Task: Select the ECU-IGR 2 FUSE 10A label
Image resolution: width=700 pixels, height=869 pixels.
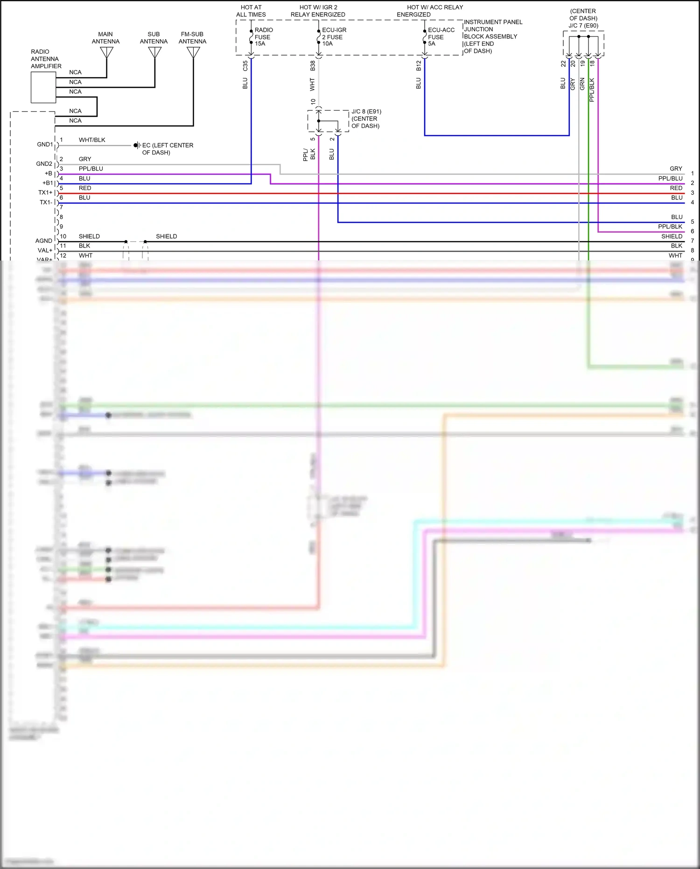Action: (x=334, y=37)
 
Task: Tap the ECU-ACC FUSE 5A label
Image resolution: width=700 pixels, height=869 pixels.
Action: (x=441, y=37)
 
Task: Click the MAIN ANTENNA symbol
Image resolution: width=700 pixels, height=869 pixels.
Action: (x=106, y=53)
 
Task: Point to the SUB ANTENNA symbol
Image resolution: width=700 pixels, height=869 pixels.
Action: (x=154, y=53)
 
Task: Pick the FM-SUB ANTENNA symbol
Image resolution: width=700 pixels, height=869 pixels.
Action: (x=193, y=53)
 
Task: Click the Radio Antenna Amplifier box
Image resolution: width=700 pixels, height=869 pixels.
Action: (x=43, y=87)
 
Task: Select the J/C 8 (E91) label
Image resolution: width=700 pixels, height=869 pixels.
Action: (x=366, y=112)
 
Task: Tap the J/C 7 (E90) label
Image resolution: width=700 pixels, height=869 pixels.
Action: (x=583, y=26)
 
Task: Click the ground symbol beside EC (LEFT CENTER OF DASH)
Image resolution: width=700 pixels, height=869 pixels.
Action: (x=137, y=145)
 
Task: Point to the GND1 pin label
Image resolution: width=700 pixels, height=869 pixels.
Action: (x=45, y=145)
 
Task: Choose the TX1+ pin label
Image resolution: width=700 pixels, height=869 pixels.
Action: (x=45, y=193)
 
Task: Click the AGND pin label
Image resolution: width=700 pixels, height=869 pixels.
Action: (x=44, y=241)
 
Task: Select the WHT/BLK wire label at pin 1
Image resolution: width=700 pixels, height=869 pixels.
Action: (x=92, y=140)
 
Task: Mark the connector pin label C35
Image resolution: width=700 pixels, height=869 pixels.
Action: (x=245, y=66)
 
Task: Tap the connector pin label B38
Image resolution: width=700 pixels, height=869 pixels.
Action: (x=313, y=66)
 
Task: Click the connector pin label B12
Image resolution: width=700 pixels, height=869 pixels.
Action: (x=419, y=66)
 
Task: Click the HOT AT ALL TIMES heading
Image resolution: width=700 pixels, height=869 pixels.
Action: (x=251, y=11)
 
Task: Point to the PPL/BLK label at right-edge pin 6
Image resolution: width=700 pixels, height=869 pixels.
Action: (x=670, y=226)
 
